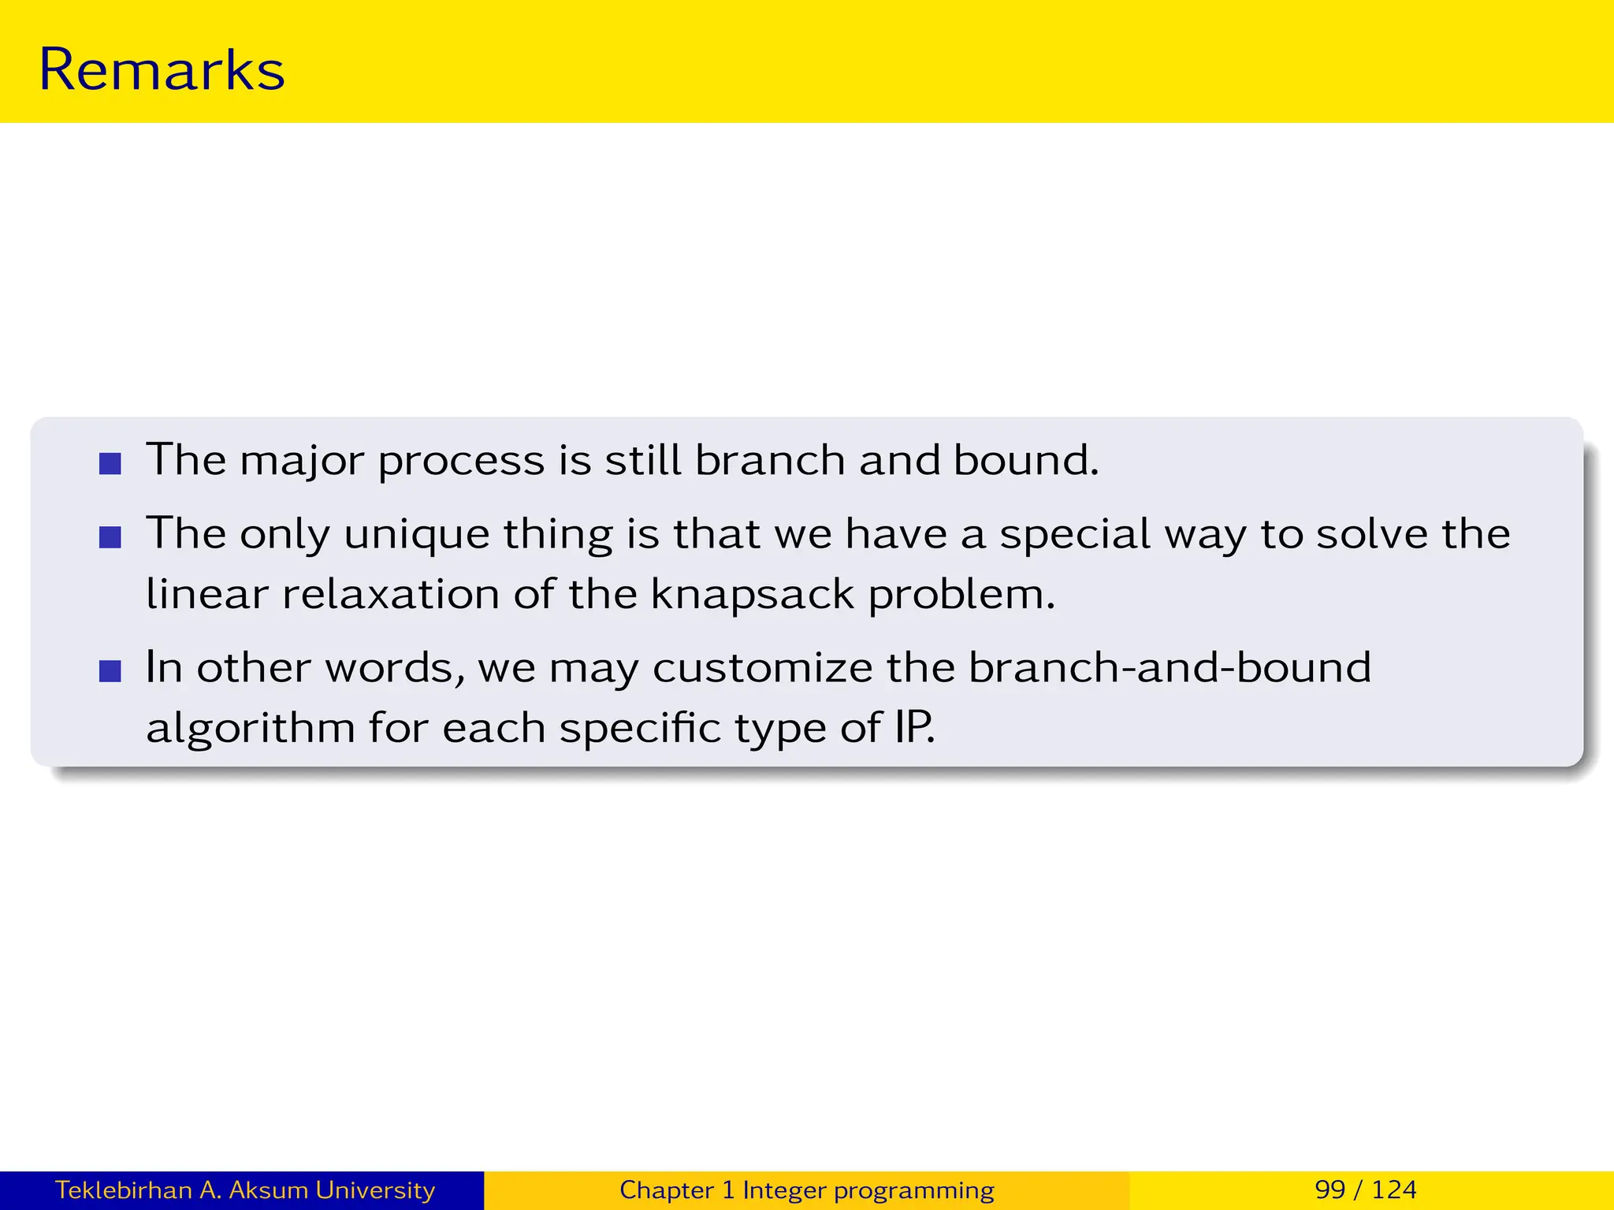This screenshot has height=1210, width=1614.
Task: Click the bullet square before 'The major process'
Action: click(x=110, y=463)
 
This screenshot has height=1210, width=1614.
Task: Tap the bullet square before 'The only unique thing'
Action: click(x=110, y=537)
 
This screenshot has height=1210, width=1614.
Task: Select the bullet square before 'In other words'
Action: click(x=110, y=671)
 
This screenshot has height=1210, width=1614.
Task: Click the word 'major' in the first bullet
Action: click(x=303, y=461)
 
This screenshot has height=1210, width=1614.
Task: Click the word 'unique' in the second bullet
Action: click(x=416, y=535)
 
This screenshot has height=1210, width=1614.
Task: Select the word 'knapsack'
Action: click(x=753, y=595)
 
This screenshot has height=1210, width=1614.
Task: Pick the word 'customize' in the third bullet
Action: click(x=762, y=668)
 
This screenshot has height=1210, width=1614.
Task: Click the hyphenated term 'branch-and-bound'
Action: click(x=1170, y=667)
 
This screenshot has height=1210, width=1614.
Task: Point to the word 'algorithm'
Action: click(x=251, y=728)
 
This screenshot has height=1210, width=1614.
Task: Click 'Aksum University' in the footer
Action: click(x=331, y=1190)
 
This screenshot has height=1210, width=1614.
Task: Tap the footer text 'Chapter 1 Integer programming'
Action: click(x=806, y=1190)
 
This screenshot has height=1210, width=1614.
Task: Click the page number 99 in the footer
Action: click(x=1330, y=1190)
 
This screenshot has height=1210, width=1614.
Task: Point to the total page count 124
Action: click(x=1394, y=1190)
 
